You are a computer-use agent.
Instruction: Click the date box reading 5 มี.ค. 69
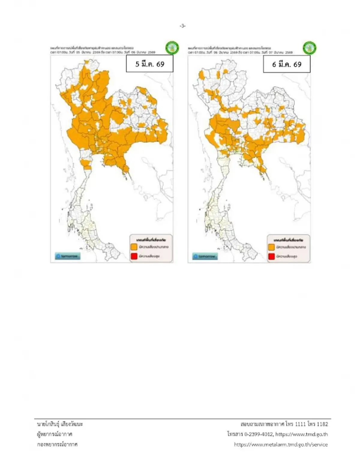point(149,64)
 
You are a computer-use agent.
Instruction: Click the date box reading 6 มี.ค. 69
point(286,64)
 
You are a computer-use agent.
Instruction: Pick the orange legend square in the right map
point(271,247)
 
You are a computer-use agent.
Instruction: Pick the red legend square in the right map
point(271,257)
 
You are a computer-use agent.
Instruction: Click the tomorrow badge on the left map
point(67,256)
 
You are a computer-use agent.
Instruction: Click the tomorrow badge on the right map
point(205,257)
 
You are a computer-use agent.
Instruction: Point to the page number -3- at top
point(183,26)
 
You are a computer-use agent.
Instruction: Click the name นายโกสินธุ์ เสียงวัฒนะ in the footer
point(60,424)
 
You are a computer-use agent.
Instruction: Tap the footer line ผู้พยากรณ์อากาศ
point(55,434)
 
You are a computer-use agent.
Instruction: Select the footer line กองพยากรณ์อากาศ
point(57,444)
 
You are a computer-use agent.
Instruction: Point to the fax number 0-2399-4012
point(259,434)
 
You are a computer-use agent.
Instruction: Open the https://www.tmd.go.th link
point(301,434)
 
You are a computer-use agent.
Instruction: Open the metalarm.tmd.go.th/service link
point(281,444)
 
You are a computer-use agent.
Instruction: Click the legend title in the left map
point(151,240)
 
